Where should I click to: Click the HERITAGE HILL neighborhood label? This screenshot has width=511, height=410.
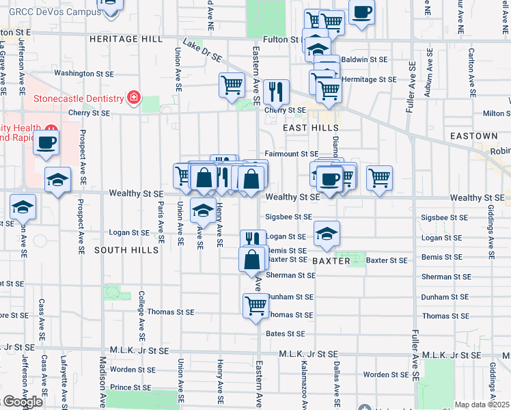[x=126, y=40]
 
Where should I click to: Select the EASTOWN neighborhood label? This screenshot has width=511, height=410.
[x=471, y=137]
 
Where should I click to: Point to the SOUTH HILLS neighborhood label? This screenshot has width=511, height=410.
[x=126, y=250]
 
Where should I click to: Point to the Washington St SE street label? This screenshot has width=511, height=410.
[x=83, y=73]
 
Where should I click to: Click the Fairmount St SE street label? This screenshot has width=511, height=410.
[x=292, y=154]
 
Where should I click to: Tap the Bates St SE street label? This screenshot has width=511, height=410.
[x=285, y=333]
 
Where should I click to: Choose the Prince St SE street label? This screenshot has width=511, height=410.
[x=130, y=387]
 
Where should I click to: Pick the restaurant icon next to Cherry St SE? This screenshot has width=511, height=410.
[x=276, y=90]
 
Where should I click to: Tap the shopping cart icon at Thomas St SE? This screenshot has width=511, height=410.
[x=255, y=304]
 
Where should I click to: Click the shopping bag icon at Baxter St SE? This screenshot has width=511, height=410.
[x=252, y=259]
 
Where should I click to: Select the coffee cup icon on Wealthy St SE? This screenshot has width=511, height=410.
[x=329, y=180]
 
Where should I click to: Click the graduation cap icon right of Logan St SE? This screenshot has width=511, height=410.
[x=327, y=233]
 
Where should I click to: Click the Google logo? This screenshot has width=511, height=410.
[x=23, y=402]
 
